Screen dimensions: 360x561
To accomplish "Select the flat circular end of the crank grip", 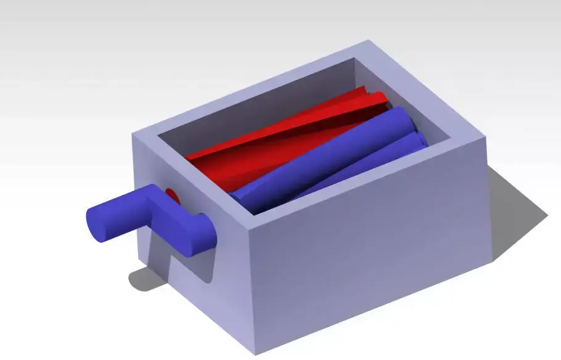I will (x=97, y=224).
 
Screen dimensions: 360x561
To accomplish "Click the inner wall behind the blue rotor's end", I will (x=435, y=133).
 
